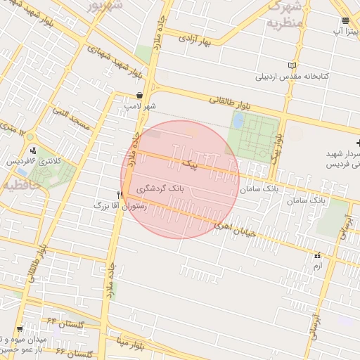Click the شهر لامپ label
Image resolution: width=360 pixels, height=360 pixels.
point(139,105)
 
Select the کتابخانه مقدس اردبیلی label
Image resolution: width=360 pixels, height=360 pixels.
point(287,76)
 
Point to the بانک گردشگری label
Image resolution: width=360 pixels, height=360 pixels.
point(161,189)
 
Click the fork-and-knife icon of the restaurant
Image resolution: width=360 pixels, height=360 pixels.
point(120,194)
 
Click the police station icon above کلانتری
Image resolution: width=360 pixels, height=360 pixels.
point(32,149)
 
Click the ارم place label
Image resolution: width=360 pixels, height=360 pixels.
point(318,266)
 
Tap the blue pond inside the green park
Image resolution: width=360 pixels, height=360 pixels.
point(238,120)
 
